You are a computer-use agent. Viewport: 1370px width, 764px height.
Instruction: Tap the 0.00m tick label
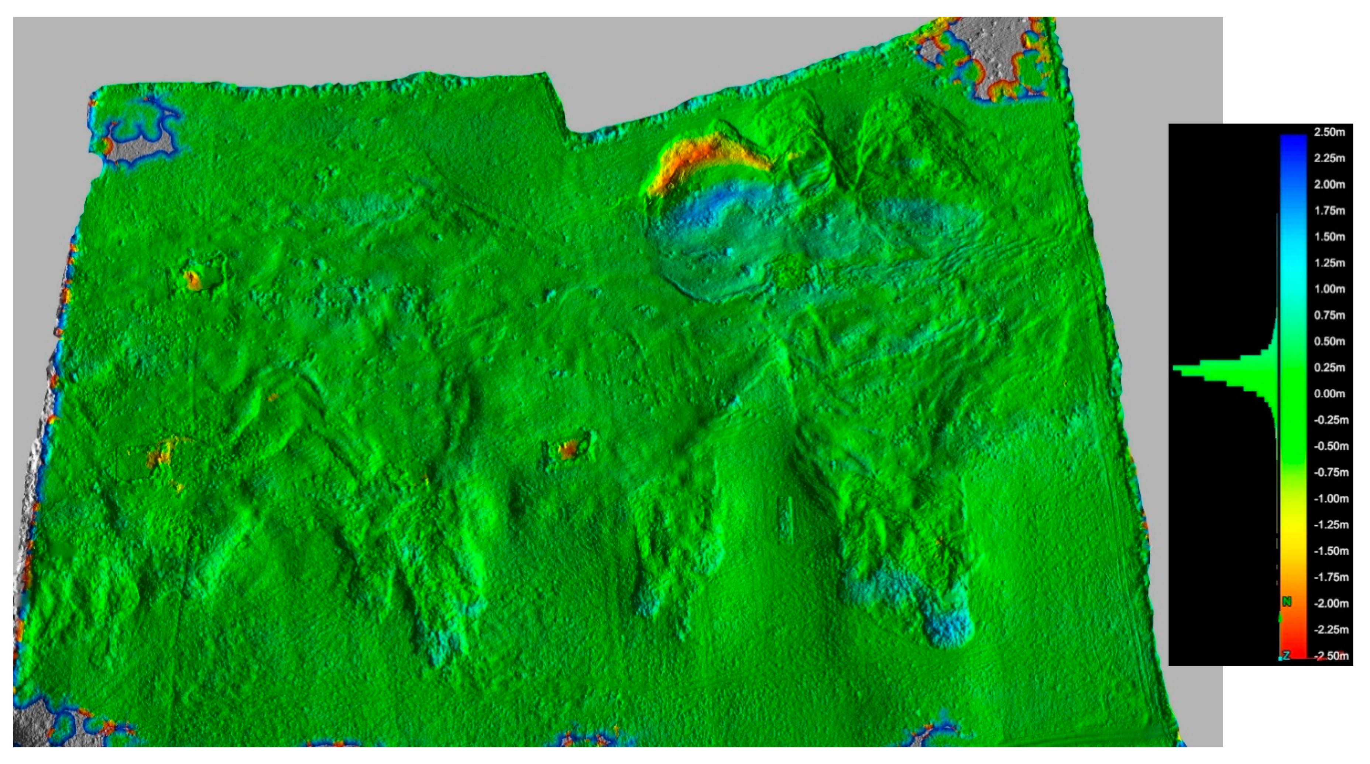coord(1330,394)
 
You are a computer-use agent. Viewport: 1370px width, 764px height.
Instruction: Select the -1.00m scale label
coord(1330,498)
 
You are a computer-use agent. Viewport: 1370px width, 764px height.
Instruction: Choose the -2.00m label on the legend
coord(1330,603)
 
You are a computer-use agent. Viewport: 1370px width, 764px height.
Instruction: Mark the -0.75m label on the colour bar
coord(1330,473)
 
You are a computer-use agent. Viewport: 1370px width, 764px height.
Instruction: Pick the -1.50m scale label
coord(1330,551)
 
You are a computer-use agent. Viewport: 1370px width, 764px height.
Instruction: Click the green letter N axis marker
coord(1287,602)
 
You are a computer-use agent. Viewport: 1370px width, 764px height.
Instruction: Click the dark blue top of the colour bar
coord(1293,139)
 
